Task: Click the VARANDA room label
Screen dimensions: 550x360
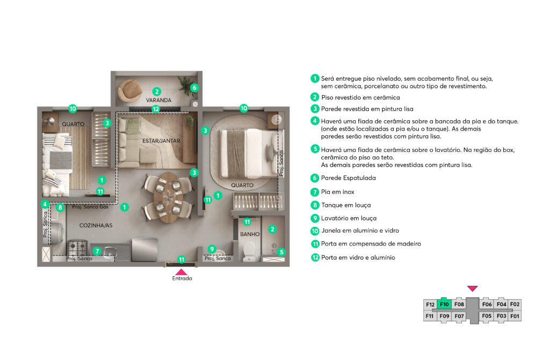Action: click(158, 100)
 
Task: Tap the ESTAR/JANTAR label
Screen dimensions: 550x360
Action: click(161, 141)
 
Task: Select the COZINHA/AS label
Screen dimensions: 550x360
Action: click(96, 225)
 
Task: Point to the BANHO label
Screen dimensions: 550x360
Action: click(250, 234)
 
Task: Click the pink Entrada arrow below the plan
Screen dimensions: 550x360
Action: click(182, 272)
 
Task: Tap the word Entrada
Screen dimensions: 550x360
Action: click(182, 278)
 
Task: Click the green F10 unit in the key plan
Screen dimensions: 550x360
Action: click(444, 304)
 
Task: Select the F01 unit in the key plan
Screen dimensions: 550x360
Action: click(515, 316)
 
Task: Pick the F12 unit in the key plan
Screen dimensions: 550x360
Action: click(430, 305)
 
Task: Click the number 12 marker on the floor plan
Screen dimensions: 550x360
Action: click(156, 109)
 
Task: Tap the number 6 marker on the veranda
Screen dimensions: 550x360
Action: click(194, 88)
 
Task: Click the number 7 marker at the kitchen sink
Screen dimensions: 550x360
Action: click(97, 251)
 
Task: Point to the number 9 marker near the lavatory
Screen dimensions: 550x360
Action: click(212, 249)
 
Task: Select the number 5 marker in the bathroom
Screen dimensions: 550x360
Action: click(281, 252)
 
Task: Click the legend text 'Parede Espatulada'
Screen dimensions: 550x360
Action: click(348, 178)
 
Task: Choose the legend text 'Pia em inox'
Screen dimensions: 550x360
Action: click(337, 192)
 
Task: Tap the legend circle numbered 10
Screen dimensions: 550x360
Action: click(315, 231)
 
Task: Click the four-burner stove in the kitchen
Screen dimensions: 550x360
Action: click(77, 248)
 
